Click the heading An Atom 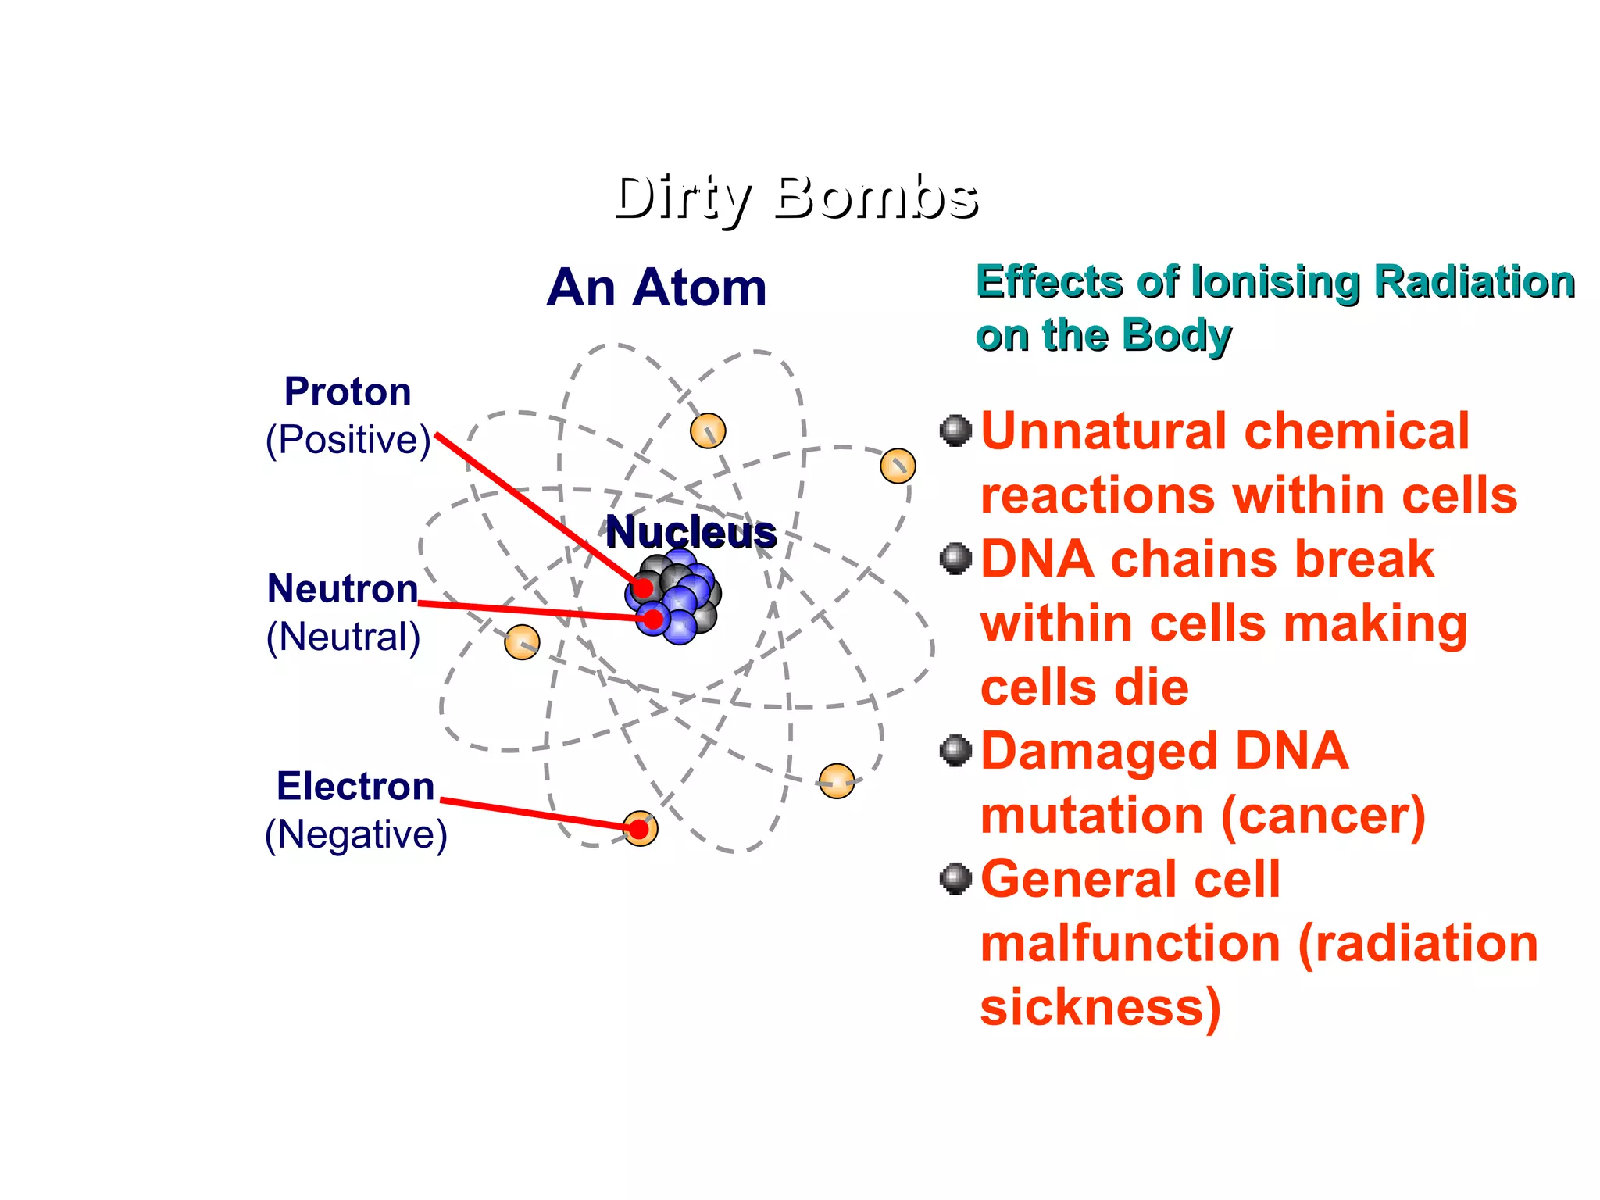(x=656, y=287)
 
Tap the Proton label (x=348, y=391)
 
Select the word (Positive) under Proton (x=348, y=440)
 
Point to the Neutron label (x=342, y=588)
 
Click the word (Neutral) (x=344, y=637)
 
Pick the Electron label (x=355, y=786)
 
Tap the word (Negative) (x=356, y=834)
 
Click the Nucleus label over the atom (x=691, y=533)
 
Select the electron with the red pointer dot (x=640, y=828)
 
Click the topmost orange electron (x=708, y=430)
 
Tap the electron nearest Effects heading (x=897, y=466)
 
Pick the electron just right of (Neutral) (x=522, y=642)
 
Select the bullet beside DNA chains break (x=955, y=559)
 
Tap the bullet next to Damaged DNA (x=955, y=751)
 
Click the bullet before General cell (x=955, y=878)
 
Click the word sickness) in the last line (x=1100, y=1008)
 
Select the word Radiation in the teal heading (x=1474, y=282)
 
